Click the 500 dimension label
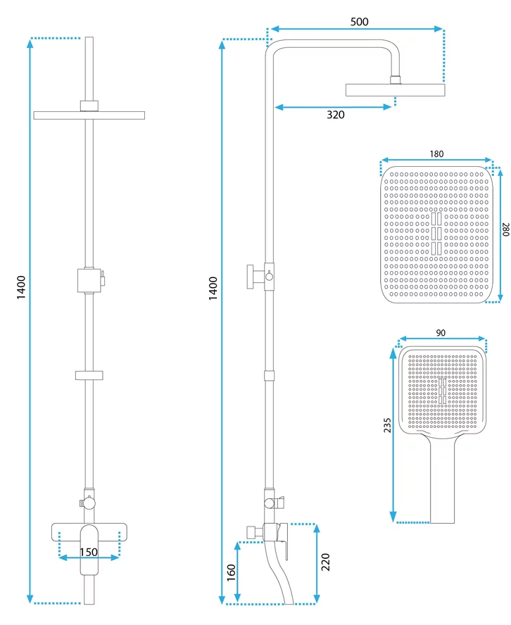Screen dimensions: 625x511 click(x=359, y=22)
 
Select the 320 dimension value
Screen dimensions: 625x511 click(x=335, y=115)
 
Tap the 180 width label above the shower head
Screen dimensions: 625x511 click(x=436, y=154)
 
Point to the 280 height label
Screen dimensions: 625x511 click(x=505, y=230)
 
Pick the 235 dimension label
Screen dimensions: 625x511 click(x=386, y=429)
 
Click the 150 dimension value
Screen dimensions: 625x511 click(x=89, y=551)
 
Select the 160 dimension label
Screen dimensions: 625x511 click(x=232, y=572)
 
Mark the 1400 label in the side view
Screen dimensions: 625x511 click(x=213, y=289)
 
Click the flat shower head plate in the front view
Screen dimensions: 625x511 click(x=89, y=115)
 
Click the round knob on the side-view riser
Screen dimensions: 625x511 click(x=268, y=277)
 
